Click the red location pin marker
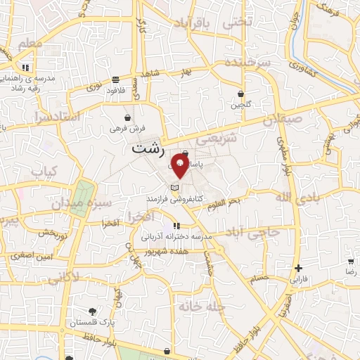click(179, 167)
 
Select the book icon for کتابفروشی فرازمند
click(175, 188)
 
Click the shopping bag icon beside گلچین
click(240, 94)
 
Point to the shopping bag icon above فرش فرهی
click(127, 117)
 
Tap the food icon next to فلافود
click(115, 79)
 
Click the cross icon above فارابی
click(299, 268)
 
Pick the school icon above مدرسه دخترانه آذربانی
click(176, 226)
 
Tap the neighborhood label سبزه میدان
click(91, 205)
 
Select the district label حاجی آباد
click(254, 231)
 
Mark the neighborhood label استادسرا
click(51, 117)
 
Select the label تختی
click(236, 22)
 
